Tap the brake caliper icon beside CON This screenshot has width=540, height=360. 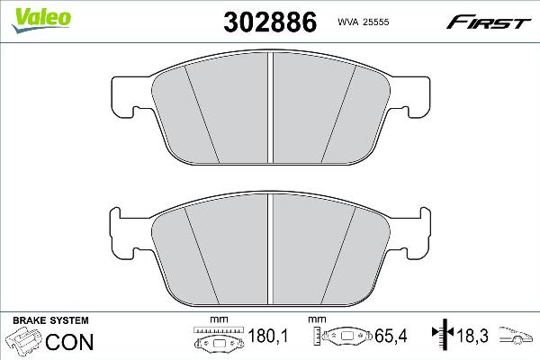click(24, 343)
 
